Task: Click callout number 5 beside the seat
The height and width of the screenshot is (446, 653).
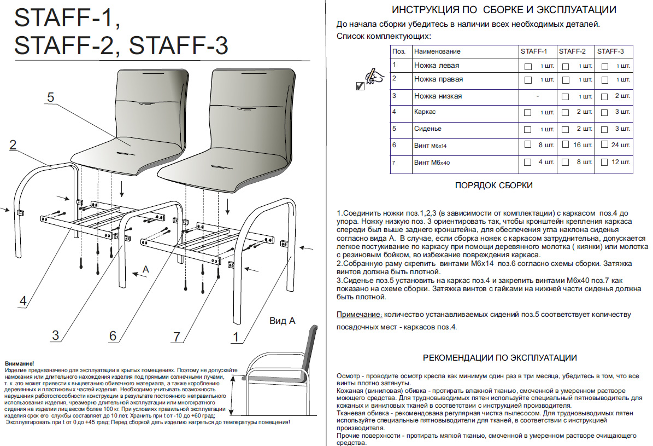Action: tap(50, 97)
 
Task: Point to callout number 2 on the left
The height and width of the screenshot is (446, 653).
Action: tap(13, 145)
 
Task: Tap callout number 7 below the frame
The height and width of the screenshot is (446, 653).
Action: tap(176, 337)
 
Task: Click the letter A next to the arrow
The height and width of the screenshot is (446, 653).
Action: tap(145, 269)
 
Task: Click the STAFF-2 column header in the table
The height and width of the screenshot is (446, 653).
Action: tap(572, 51)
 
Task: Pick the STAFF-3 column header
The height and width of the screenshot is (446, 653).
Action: tap(610, 51)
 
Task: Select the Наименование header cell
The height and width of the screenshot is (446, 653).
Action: tap(437, 51)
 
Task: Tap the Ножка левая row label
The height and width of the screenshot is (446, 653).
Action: tap(436, 66)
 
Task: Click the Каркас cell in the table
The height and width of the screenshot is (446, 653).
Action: tap(425, 112)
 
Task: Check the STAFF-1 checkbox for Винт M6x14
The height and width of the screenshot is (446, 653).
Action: tap(528, 145)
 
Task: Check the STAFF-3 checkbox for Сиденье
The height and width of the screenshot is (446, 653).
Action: tap(604, 129)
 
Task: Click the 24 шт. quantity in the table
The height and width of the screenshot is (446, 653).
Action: tap(621, 145)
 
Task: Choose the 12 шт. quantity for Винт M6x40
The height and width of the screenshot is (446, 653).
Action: tap(621, 163)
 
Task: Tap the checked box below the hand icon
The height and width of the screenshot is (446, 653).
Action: tap(360, 86)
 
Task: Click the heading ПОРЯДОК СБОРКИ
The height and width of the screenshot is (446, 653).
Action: tap(493, 186)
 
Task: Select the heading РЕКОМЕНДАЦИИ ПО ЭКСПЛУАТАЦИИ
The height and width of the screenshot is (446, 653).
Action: tap(500, 358)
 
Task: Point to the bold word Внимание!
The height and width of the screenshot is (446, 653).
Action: tap(19, 363)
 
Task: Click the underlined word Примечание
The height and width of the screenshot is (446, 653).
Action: tap(359, 315)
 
